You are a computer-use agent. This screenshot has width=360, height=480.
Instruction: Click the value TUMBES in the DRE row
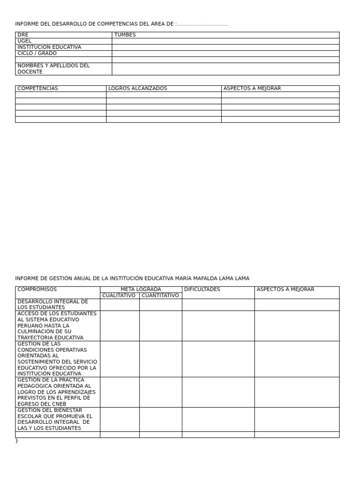click(125, 35)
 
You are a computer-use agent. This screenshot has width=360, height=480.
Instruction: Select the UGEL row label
click(24, 41)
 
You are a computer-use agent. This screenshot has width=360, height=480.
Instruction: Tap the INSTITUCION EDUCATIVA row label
click(49, 47)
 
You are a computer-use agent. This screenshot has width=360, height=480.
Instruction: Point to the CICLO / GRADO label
click(37, 53)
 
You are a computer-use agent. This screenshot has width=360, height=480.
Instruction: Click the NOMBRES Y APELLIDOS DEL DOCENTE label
click(53, 69)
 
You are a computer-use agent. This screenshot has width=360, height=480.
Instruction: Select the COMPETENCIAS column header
click(37, 89)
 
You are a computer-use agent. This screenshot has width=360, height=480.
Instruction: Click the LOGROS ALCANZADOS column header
click(137, 89)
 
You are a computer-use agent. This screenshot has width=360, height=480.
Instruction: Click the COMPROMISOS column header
click(37, 290)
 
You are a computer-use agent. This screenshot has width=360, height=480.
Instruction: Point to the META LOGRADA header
click(141, 290)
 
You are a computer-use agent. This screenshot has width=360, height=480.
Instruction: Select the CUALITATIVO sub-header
click(119, 296)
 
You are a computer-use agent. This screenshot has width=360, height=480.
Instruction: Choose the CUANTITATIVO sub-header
click(160, 296)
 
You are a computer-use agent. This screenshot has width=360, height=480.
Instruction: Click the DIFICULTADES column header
click(202, 290)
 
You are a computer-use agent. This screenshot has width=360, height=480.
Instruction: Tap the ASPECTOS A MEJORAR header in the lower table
click(285, 290)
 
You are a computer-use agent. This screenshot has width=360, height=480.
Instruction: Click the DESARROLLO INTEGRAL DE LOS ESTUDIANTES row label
click(52, 305)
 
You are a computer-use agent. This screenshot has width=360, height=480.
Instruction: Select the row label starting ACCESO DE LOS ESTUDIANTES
click(57, 326)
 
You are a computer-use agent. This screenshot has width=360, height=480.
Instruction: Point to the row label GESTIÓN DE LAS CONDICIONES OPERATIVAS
click(57, 359)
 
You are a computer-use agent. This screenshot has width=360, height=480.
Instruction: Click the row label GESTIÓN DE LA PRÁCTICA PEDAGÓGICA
click(56, 392)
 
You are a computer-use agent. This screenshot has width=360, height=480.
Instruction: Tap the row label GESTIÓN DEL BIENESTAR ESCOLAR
click(55, 420)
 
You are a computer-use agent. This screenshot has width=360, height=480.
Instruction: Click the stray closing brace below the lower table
click(17, 441)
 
